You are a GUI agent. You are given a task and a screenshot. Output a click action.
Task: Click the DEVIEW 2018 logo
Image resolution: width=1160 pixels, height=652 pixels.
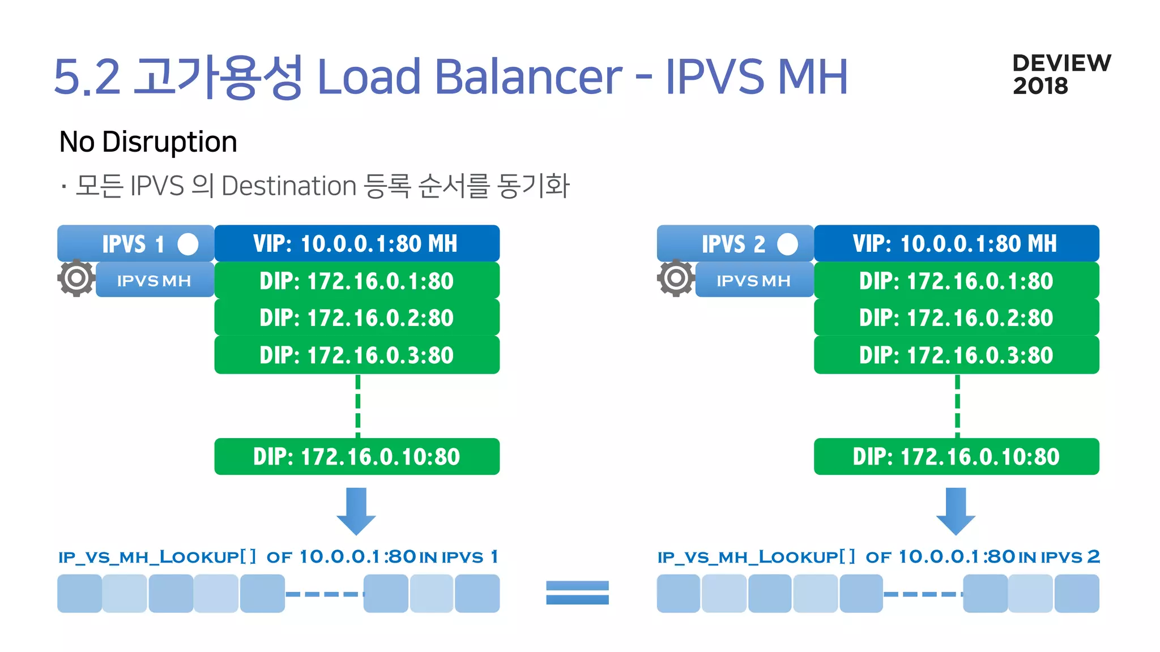1061,74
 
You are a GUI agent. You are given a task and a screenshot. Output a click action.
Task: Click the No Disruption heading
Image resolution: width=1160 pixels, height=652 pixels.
148,141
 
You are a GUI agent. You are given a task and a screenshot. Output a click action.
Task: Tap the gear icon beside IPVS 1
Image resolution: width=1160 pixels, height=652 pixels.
76,278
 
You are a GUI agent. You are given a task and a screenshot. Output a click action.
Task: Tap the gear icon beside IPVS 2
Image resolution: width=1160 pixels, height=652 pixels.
676,278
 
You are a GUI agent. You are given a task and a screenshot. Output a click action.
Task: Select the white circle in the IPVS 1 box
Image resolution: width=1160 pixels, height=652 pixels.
188,244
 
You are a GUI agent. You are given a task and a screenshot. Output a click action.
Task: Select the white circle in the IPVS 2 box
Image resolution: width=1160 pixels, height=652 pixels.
787,244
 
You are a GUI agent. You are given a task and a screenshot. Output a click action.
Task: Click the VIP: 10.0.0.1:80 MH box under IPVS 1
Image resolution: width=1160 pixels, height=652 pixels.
357,243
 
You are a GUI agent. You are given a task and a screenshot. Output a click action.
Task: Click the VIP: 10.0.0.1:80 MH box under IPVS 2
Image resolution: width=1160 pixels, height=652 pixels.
956,243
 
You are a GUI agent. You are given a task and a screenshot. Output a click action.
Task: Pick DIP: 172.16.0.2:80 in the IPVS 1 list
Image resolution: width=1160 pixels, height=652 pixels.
357,318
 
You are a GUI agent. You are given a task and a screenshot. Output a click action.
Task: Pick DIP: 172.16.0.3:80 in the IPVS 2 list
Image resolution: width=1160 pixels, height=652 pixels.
956,355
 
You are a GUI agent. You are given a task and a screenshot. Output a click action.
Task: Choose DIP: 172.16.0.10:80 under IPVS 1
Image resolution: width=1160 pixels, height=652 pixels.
357,456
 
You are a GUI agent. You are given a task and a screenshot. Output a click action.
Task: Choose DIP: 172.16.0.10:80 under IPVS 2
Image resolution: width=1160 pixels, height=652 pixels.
956,456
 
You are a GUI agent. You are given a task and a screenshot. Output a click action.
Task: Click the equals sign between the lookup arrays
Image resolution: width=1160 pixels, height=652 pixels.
577,593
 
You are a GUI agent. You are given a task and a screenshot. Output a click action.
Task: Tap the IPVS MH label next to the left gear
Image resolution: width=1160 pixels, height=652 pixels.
154,280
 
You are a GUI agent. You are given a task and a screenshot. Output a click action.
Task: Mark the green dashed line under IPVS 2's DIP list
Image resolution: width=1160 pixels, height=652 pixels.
957,406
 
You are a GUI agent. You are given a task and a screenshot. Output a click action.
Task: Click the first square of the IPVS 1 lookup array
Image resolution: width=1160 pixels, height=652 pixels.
79,593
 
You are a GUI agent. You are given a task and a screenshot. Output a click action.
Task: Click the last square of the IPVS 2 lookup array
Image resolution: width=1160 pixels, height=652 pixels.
1077,593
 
